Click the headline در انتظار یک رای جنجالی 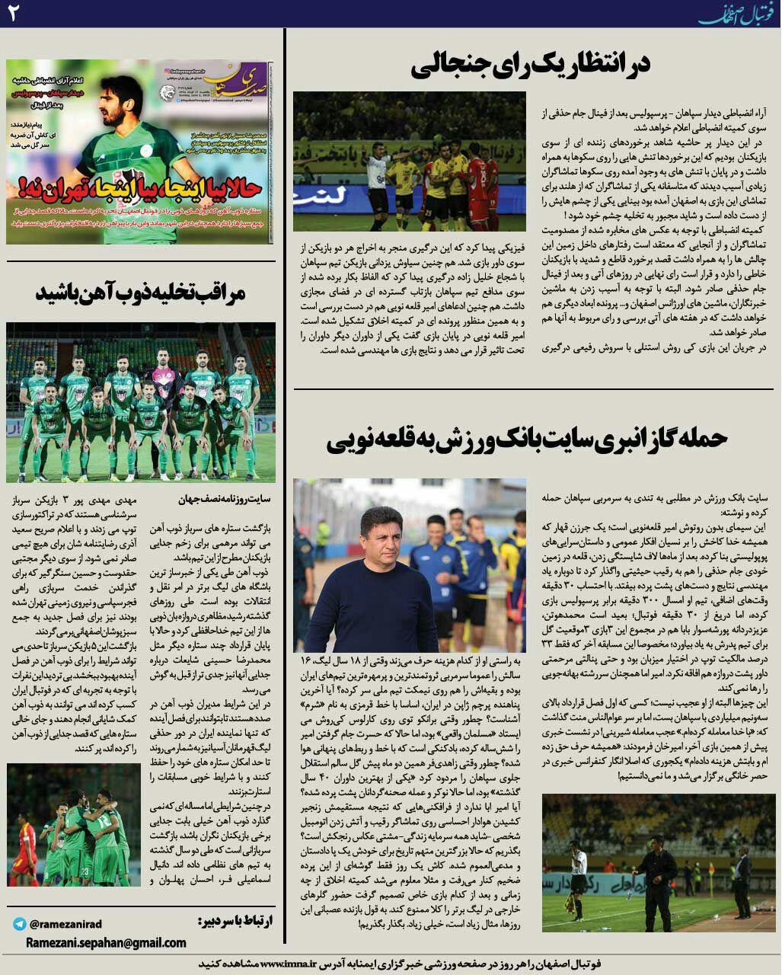tap(530, 66)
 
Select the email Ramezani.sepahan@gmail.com tap(106, 943)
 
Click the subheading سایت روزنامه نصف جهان tap(224, 500)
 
